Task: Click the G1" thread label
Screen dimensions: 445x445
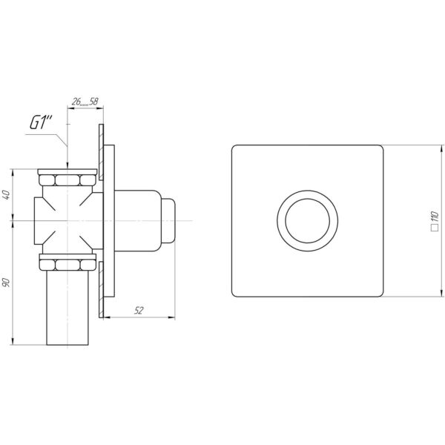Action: pyautogui.click(x=41, y=123)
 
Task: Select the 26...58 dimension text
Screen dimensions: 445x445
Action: pyautogui.click(x=85, y=102)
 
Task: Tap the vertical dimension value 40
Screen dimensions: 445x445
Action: pyautogui.click(x=7, y=194)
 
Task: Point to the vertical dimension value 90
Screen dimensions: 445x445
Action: pyautogui.click(x=7, y=283)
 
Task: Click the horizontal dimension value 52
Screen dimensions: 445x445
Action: pyautogui.click(x=139, y=311)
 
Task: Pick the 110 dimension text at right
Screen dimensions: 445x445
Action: pyautogui.click(x=435, y=217)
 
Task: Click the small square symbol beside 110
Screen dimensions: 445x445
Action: pyautogui.click(x=435, y=228)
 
